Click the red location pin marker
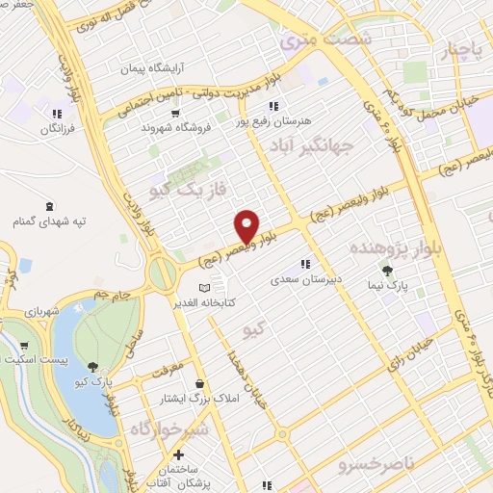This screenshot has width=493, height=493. coord(246,226)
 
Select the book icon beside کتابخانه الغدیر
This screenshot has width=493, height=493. coord(203,288)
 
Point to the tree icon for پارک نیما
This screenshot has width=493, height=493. coord(387,272)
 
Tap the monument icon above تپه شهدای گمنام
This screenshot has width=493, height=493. coord(50,206)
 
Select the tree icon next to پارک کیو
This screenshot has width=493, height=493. coord(92,366)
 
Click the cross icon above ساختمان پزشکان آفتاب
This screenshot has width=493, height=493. coord(177,455)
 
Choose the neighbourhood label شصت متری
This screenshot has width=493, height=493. coord(310,40)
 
